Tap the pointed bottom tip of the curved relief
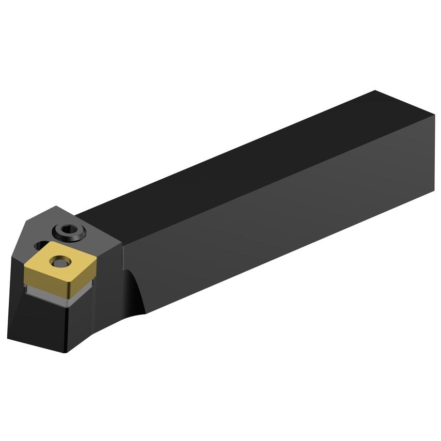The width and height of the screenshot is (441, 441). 145,313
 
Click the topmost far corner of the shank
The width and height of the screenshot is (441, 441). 375,91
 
